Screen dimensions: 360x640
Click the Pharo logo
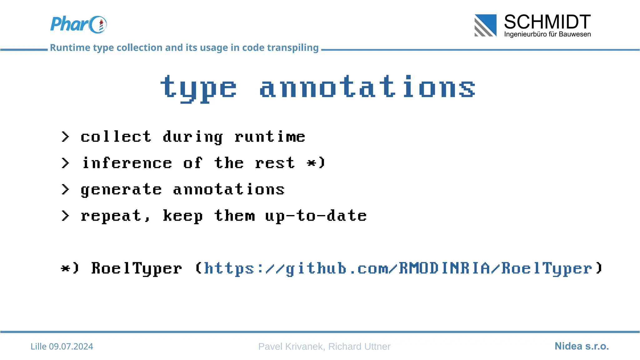coord(78,24)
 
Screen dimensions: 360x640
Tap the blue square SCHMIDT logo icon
coord(485,25)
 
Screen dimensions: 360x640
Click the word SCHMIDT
coord(547,22)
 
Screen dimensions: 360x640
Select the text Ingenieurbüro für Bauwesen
coord(547,34)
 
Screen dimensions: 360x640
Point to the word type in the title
coord(198,88)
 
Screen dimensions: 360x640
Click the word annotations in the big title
coord(367,87)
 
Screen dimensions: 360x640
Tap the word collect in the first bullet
coord(116,137)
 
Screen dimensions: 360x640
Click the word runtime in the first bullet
coord(270,137)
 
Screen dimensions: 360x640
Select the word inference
coord(127,163)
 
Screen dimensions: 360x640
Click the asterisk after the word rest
coord(312,163)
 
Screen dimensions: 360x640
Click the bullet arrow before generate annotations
coord(65,189)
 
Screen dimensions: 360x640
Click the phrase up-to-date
coord(316,216)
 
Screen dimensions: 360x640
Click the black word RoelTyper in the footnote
coord(137,268)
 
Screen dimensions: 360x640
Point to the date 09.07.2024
coord(71,347)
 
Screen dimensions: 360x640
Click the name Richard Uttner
coord(359,347)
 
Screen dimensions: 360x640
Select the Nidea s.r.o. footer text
coord(582,346)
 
